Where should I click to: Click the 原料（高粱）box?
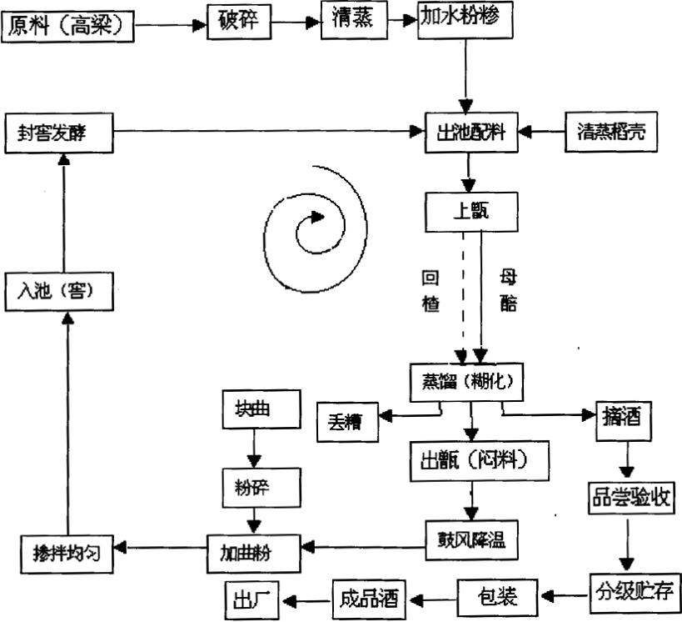(68, 27)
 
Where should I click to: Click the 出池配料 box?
(470, 132)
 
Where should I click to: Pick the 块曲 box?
(256, 409)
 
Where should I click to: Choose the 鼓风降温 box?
(471, 540)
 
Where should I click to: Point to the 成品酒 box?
(368, 596)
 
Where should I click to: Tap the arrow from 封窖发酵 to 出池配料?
(266, 131)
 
